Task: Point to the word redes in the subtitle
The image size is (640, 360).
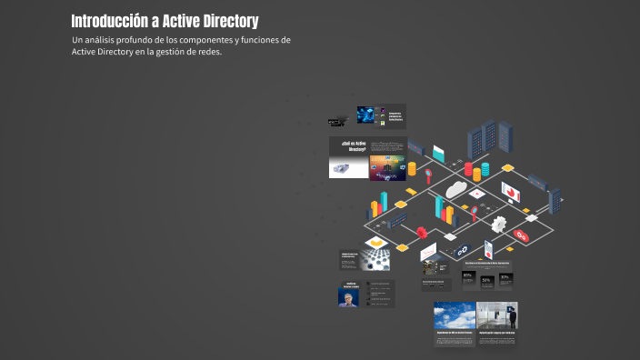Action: [x=206, y=52]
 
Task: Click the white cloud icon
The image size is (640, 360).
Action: [x=455, y=189]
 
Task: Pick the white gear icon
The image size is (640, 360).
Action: [x=498, y=224]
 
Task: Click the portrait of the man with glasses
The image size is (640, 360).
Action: [x=346, y=297]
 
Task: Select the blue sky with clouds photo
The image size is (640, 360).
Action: [x=454, y=317]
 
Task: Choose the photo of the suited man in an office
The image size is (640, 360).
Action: [x=497, y=317]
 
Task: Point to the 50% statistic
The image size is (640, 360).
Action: [x=486, y=280]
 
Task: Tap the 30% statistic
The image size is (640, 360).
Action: [x=505, y=276]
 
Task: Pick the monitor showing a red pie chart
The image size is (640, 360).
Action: [x=510, y=192]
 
